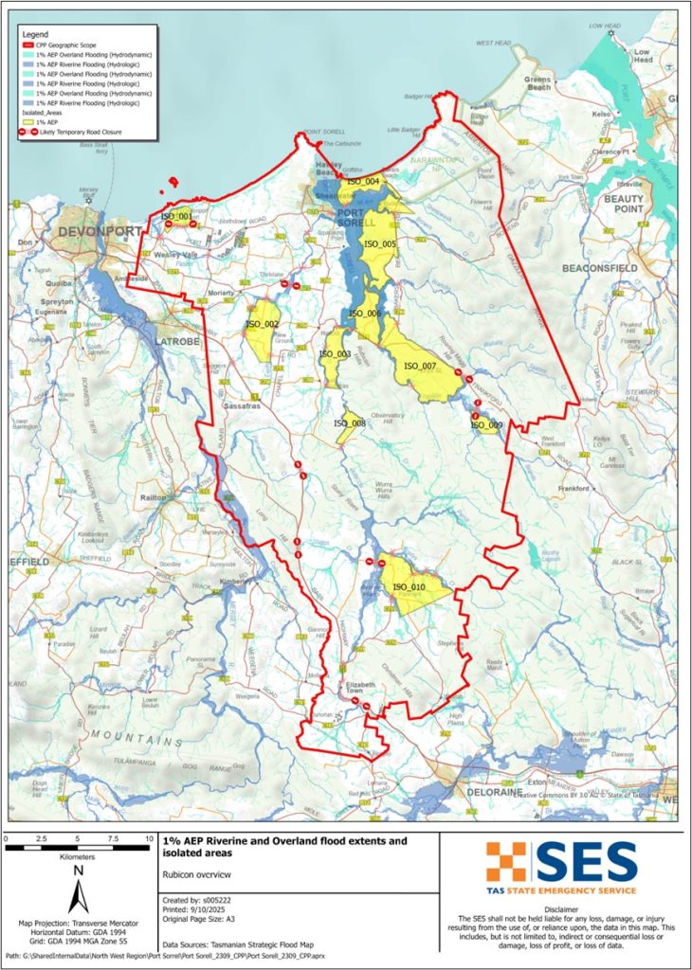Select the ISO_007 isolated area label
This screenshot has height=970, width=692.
(419, 367)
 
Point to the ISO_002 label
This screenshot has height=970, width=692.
(262, 325)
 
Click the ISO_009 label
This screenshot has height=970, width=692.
(485, 425)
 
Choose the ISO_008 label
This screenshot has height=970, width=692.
(350, 423)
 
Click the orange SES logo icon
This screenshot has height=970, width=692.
(505, 862)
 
